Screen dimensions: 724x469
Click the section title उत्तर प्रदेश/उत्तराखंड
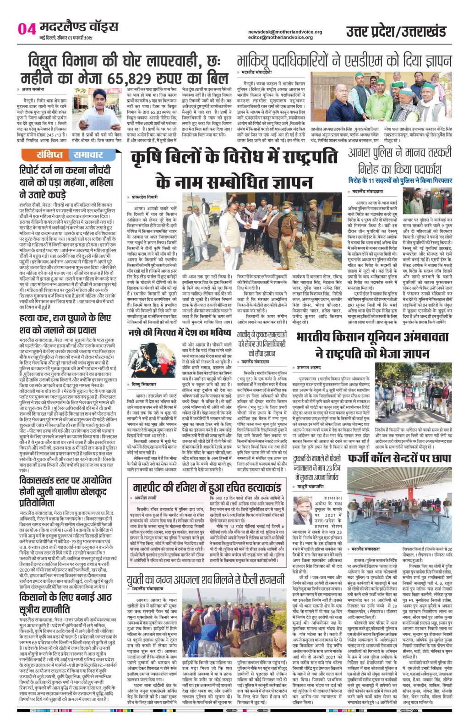tap(396, 32)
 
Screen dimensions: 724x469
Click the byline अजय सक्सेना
tap(33, 89)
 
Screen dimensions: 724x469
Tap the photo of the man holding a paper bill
tap(100, 110)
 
